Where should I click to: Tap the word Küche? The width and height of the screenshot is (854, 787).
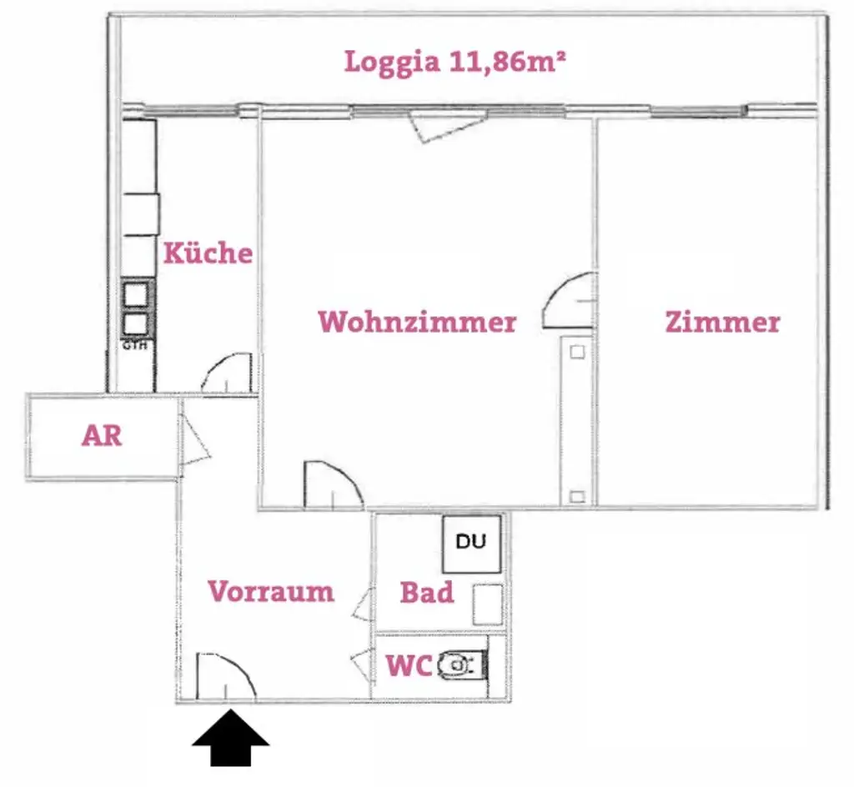click(x=208, y=253)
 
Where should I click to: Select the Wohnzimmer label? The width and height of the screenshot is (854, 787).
click(x=417, y=322)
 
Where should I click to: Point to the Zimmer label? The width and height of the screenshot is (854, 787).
click(x=722, y=322)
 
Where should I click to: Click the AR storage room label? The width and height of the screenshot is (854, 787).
click(x=102, y=435)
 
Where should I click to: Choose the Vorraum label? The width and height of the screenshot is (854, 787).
click(x=271, y=591)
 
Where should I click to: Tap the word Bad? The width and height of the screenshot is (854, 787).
click(x=427, y=593)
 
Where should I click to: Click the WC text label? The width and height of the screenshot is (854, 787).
click(x=408, y=666)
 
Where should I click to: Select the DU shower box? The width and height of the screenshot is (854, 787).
click(x=471, y=543)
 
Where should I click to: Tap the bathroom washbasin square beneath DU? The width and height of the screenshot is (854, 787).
click(x=487, y=604)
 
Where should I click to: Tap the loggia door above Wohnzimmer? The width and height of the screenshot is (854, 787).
click(x=437, y=128)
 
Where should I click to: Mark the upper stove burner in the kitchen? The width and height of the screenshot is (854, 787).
click(x=138, y=294)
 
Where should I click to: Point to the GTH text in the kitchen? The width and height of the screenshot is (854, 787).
click(x=135, y=345)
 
